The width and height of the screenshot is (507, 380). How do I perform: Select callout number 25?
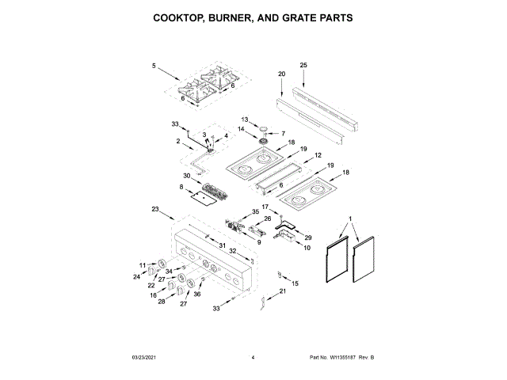click(303, 64)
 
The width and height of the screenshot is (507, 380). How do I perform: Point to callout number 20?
click(280, 74)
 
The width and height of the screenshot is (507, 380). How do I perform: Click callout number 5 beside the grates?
click(154, 66)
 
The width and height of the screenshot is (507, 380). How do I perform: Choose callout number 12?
click(318, 156)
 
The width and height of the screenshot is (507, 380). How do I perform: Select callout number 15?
click(296, 283)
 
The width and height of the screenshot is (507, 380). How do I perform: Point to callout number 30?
click(187, 176)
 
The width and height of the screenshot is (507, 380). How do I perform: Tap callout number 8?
click(181, 188)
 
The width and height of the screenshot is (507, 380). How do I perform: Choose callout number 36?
click(197, 294)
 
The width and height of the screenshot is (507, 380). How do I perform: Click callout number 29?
click(309, 237)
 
